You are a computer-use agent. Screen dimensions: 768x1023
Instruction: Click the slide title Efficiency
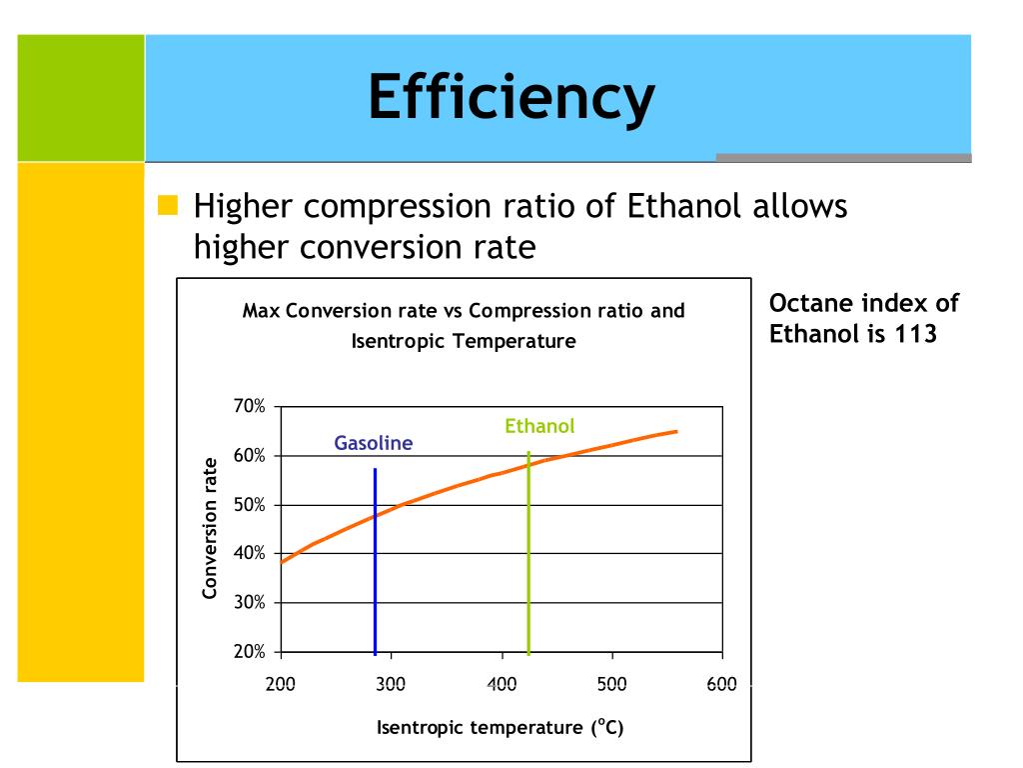coord(511,98)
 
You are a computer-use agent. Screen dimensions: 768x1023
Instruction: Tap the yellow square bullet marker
coord(168,207)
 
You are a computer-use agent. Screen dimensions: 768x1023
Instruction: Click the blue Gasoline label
coord(373,443)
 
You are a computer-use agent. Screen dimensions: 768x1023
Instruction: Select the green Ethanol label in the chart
coord(539,426)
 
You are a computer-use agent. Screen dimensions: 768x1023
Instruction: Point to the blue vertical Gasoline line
coord(375,560)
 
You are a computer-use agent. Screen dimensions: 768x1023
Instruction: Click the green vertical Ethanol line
coord(528,560)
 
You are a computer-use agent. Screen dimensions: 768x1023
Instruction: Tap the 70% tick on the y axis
coord(250,407)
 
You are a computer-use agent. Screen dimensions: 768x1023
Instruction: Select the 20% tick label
coord(250,652)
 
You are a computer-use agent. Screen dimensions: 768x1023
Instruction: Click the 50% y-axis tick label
coord(250,505)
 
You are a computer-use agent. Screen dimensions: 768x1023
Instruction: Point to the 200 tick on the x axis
coord(281,684)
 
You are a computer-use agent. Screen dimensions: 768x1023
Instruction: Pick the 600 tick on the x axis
coord(721,684)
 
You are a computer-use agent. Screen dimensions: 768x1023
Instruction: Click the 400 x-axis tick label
coord(502,684)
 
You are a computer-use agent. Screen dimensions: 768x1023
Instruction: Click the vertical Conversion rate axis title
coord(210,528)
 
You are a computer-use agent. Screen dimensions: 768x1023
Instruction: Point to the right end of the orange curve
coord(676,431)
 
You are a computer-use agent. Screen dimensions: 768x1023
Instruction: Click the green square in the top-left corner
coord(81,97)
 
